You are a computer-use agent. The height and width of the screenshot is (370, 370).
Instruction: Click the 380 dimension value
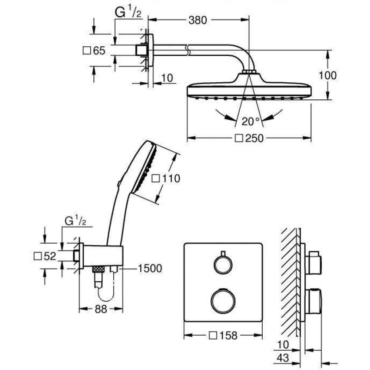click(197, 20)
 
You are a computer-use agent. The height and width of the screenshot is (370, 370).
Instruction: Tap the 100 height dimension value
click(327, 75)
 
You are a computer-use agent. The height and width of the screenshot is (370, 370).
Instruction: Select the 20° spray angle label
click(251, 121)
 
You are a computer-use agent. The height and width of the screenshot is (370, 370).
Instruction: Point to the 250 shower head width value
click(254, 138)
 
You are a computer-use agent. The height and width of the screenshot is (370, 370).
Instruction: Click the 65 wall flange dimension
click(99, 50)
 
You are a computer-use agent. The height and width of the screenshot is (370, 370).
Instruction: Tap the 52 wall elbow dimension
click(50, 256)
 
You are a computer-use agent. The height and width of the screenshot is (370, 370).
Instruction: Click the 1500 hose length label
click(149, 268)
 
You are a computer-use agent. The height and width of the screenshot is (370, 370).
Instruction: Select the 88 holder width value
click(101, 309)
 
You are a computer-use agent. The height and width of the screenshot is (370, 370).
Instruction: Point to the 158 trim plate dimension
click(228, 335)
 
